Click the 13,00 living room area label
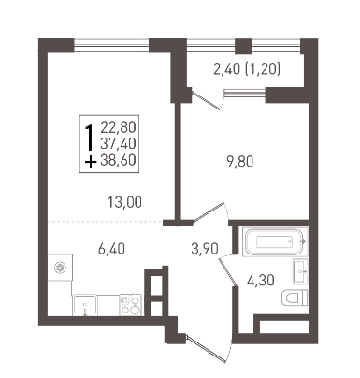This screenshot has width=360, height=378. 124,202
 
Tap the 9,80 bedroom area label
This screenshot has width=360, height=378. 240,162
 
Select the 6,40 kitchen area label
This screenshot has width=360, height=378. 111,249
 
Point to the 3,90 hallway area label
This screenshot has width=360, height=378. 205,249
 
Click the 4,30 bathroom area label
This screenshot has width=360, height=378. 261,280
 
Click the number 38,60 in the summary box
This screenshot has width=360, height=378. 118,160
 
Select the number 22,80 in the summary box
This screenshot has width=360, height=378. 118,127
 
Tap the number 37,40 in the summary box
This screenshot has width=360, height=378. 118,143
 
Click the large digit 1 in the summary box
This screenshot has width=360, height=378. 90,138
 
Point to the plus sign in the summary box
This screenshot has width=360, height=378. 91,162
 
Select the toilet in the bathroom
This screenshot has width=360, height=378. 295,298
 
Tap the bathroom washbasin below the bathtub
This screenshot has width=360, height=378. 300,271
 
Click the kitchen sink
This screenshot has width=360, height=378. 85,305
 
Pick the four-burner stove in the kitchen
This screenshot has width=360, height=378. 130,305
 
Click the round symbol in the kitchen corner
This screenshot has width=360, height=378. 59,268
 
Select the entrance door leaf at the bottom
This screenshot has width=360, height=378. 205,349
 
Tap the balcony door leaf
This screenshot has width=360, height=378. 206,99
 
